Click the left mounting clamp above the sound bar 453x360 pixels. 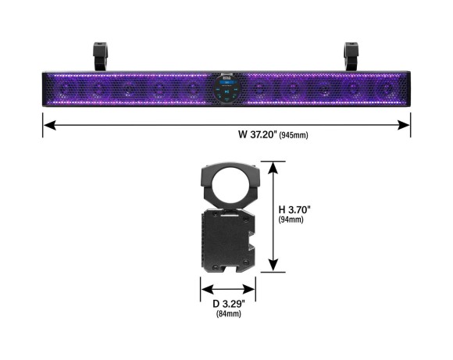(x=100, y=56)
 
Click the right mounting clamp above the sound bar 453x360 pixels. (x=351, y=56)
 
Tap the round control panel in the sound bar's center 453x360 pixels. (x=227, y=89)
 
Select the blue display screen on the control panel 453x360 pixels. (x=227, y=83)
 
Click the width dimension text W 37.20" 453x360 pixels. (x=258, y=134)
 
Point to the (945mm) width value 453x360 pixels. (x=294, y=135)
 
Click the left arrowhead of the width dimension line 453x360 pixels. (x=50, y=125)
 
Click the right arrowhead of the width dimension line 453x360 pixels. (x=404, y=125)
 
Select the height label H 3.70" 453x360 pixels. (x=294, y=209)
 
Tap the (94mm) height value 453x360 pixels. (x=291, y=219)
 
